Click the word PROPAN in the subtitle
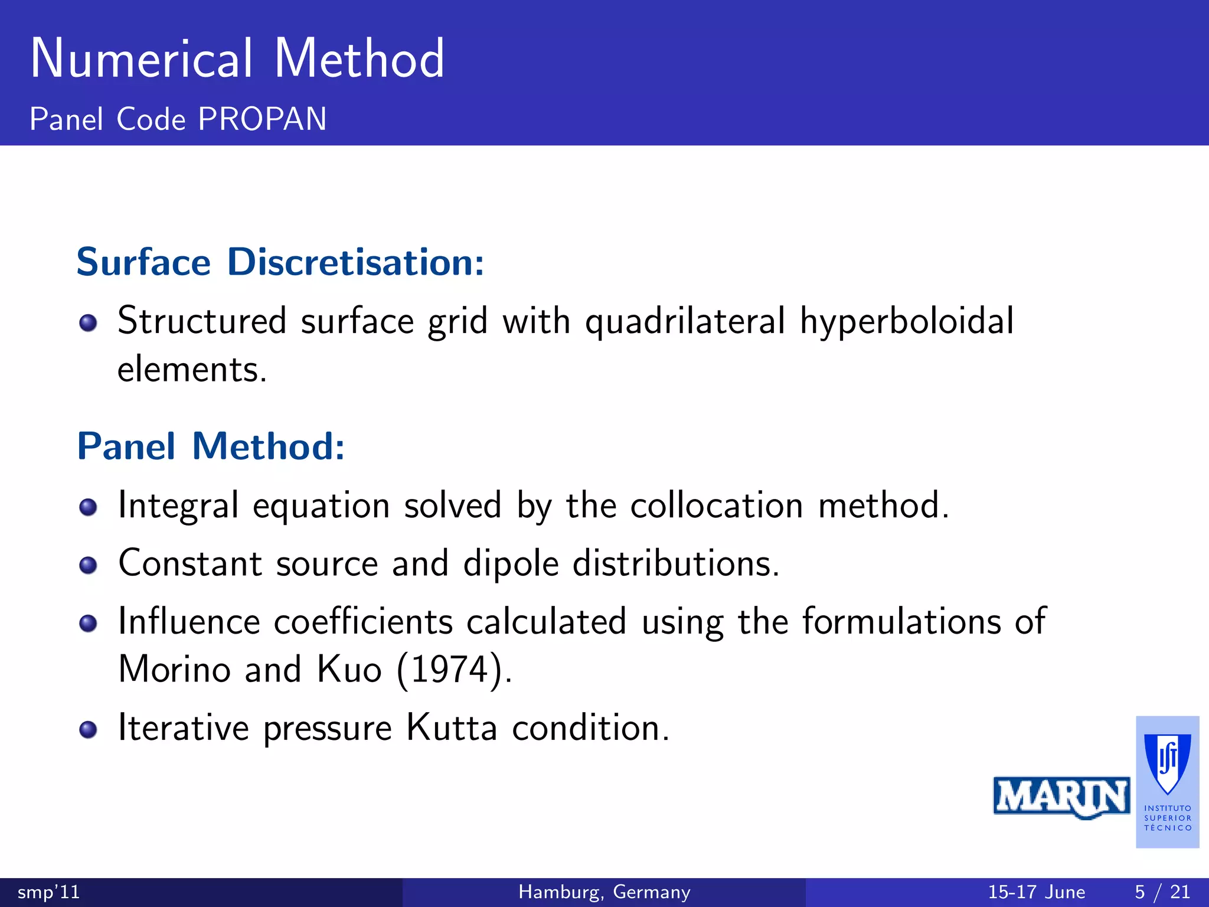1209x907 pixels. tap(262, 119)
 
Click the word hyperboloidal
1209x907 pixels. tap(906, 322)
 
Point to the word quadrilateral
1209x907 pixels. tap(685, 322)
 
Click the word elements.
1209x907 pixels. tap(192, 370)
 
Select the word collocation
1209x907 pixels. tap(716, 505)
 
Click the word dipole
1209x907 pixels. tap(511, 564)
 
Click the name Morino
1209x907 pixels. tap(174, 670)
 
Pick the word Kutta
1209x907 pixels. tap(452, 727)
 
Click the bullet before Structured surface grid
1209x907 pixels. tap(88, 323)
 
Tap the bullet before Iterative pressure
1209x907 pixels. tap(88, 730)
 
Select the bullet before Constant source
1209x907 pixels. tap(88, 565)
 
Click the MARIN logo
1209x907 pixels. tap(1061, 797)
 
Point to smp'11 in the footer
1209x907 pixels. tap(48, 892)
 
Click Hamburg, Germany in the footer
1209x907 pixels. tap(604, 892)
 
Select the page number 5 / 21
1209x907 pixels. tap(1162, 892)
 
